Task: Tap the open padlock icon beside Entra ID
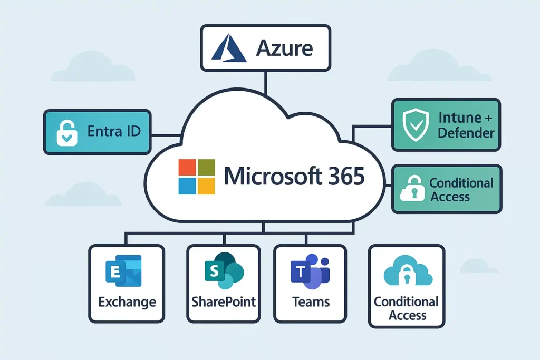point(67,132)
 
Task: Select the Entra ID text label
point(114,131)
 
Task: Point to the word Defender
point(466,132)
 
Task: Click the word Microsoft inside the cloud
point(269,177)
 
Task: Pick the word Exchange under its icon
point(127,302)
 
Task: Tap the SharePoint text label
point(224,302)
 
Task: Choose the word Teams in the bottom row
point(311,302)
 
